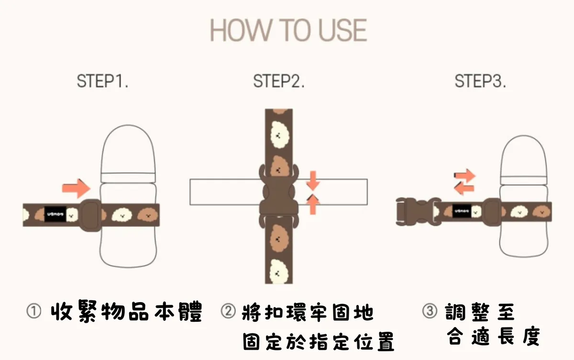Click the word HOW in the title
coord(241,30)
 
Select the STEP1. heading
coord(102,81)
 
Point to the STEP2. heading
coord(279,81)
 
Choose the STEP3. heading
coord(480,81)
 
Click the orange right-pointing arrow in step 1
coord(76,188)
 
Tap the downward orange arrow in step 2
coord(313,181)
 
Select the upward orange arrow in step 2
coord(313,204)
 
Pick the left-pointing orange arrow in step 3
coord(464,189)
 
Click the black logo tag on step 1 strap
coord(55,214)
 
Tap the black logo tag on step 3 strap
coord(462,211)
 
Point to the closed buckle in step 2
coord(279,196)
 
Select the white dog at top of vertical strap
coord(279,135)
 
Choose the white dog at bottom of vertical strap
coord(278,272)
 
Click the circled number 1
coord(34,311)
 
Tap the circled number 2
coord(228,311)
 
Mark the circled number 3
coord(430,311)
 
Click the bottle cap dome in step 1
coord(128,149)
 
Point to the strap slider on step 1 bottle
coord(90,215)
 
